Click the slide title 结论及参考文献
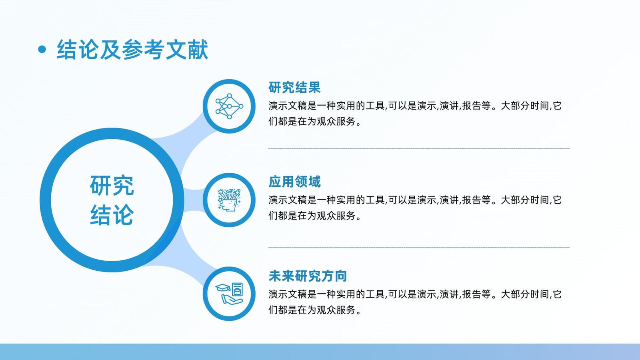(132, 50)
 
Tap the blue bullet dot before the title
(42, 50)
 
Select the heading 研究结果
(294, 88)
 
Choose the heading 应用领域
(294, 182)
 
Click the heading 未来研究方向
(308, 276)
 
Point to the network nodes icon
(229, 106)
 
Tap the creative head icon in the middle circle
(229, 200)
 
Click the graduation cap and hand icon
(229, 294)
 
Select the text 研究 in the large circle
(112, 186)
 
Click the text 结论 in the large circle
(112, 215)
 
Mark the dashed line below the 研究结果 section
(419, 148)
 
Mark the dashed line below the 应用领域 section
(419, 248)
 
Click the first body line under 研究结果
(415, 106)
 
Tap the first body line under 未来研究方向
(415, 294)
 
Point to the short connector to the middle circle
(194, 200)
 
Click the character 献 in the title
(198, 50)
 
